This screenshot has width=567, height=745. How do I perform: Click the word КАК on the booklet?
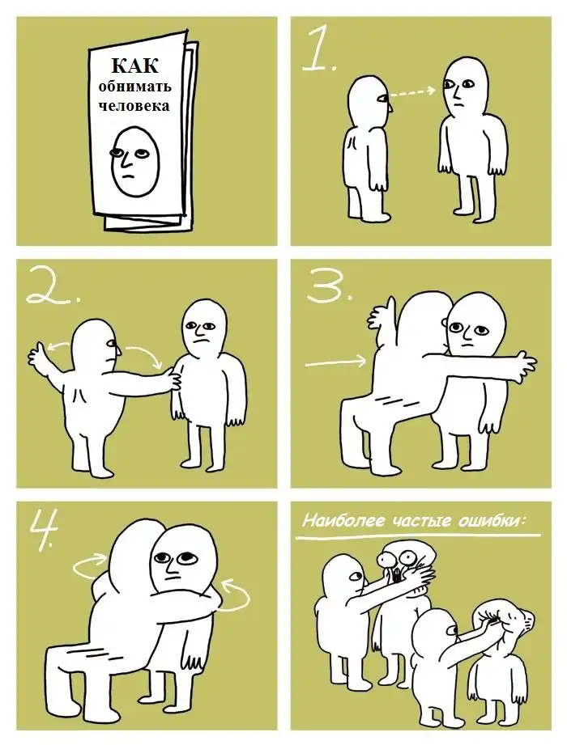coord(134,66)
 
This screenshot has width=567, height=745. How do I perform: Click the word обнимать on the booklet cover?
coord(135,87)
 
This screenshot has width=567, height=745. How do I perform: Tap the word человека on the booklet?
coord(134,105)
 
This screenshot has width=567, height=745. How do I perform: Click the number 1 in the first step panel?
coord(320,49)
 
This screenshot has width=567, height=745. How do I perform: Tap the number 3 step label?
coord(329,284)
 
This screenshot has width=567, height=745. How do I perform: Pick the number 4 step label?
coord(45,527)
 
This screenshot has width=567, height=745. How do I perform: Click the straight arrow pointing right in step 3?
coord(335,362)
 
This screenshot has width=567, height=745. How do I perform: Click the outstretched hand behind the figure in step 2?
coord(39,355)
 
